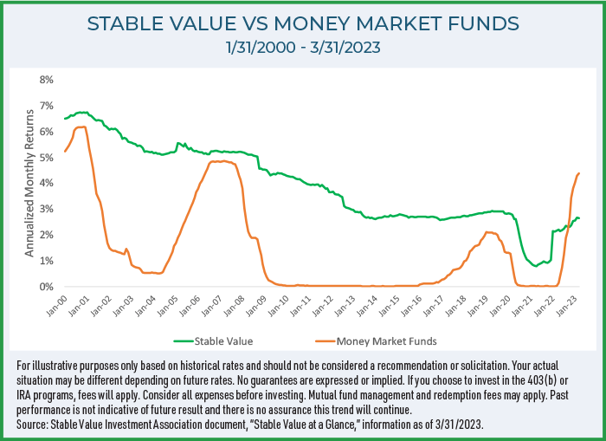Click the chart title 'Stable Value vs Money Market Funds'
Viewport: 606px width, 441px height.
pyautogui.click(x=302, y=24)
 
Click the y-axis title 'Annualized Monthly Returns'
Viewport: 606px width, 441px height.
pyautogui.click(x=29, y=183)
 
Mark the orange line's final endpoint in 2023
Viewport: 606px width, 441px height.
pyautogui.click(x=579, y=173)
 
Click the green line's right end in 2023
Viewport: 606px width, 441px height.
pyautogui.click(x=579, y=218)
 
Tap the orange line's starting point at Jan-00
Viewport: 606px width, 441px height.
pyautogui.click(x=65, y=152)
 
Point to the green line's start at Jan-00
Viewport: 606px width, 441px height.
pyautogui.click(x=65, y=119)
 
